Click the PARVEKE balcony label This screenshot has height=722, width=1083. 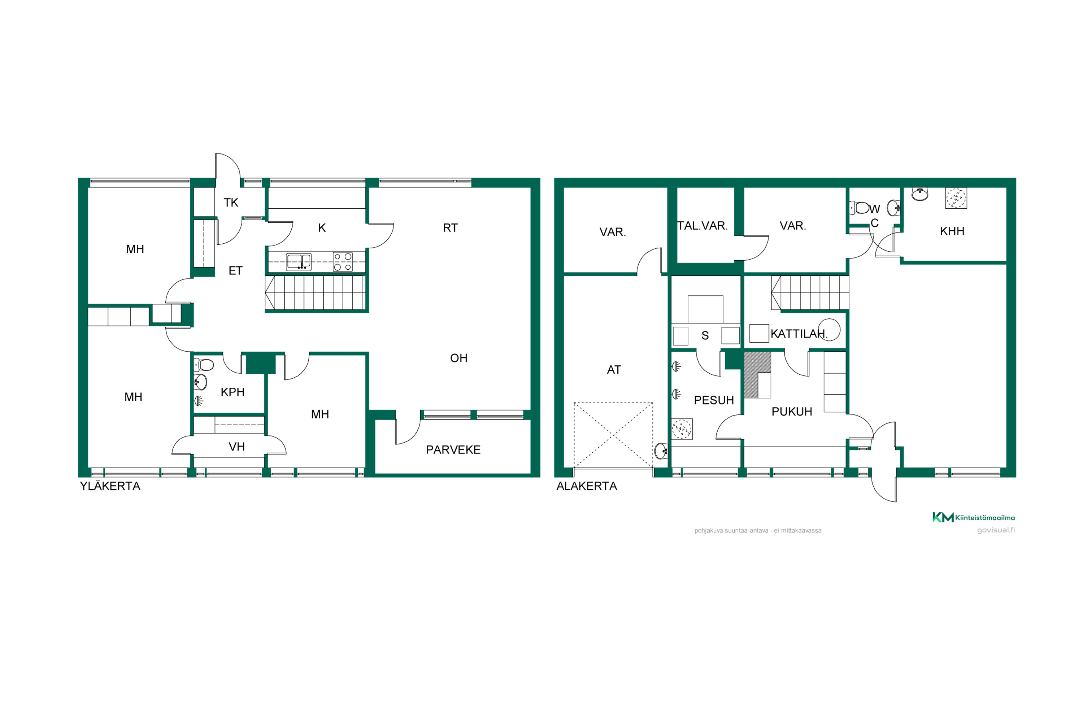click(x=453, y=450)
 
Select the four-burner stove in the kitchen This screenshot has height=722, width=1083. click(x=343, y=261)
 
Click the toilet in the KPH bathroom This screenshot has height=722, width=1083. click(x=204, y=365)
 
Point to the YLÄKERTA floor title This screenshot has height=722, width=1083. click(x=110, y=486)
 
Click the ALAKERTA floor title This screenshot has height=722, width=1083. click(x=587, y=486)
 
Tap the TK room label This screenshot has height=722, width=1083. click(x=231, y=203)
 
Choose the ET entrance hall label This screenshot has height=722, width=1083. click(x=235, y=271)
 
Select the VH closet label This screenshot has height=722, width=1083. click(x=237, y=447)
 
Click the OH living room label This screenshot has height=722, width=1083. click(x=458, y=358)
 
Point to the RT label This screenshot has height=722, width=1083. click(x=450, y=228)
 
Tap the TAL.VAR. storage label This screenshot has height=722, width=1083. click(x=702, y=226)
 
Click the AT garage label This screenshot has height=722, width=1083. click(x=614, y=370)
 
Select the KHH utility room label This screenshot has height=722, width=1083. click(x=952, y=231)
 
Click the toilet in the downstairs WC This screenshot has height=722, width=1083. click(x=859, y=208)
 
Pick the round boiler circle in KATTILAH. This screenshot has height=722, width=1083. click(x=829, y=330)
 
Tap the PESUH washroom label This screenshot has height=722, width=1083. click(x=714, y=400)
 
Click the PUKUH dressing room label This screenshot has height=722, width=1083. click(x=792, y=412)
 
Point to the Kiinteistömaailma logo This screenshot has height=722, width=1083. click(x=973, y=518)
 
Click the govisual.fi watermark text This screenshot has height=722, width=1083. click(x=996, y=530)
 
